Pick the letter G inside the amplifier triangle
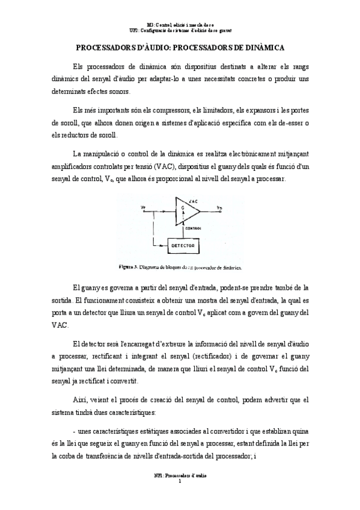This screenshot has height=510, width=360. point(182,208)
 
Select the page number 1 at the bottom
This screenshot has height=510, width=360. point(180,481)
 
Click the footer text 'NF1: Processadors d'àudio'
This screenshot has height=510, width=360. point(180,475)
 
